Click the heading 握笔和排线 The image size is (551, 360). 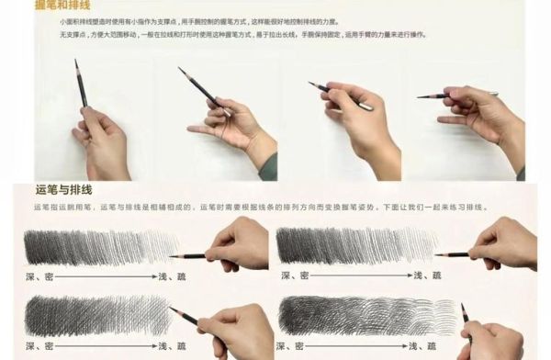tap(56, 5)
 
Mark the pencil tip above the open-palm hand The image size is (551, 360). tap(180, 69)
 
